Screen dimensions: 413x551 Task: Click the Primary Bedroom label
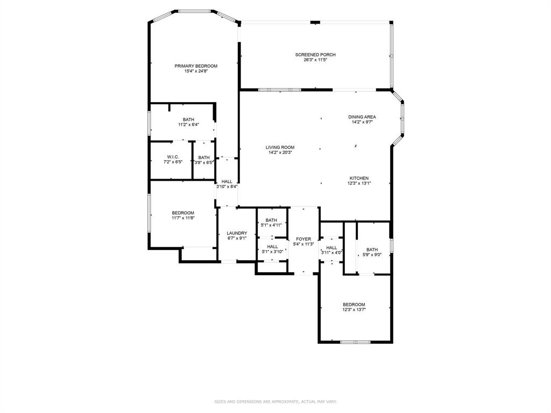coord(196,66)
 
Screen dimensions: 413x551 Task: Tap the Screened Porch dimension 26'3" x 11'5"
coord(315,60)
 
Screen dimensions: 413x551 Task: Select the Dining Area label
coord(362,117)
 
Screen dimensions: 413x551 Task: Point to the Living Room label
coord(280,147)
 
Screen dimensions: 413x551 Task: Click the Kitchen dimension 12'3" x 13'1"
coord(359,183)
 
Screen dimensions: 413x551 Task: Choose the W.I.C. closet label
coord(172,157)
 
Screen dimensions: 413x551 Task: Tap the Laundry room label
coord(237,233)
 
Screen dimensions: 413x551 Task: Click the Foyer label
coord(303,239)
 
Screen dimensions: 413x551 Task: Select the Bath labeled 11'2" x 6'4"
coord(188,119)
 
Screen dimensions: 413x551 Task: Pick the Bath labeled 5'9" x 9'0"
coord(372,250)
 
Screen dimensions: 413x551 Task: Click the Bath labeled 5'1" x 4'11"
coord(271,220)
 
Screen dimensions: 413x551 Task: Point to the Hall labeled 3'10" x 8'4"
coord(227,182)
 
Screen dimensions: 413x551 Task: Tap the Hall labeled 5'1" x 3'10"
coord(272,246)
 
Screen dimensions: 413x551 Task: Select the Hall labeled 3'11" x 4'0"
coord(331,247)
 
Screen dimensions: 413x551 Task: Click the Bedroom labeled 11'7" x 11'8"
coord(183,213)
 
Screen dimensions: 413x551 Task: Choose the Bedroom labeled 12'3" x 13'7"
coord(354,304)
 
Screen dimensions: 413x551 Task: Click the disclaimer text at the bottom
coord(275,402)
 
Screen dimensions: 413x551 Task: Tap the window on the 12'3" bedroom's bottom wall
coord(355,341)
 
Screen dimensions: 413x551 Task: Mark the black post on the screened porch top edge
coord(315,22)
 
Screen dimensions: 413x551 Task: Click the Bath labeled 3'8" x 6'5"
coord(204,157)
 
